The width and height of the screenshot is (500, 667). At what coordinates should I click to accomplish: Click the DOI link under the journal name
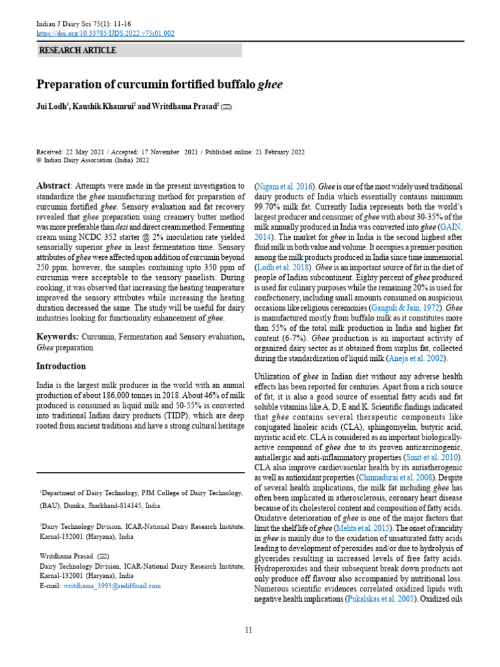(105, 34)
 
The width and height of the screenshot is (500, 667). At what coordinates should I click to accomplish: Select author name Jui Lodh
(54, 106)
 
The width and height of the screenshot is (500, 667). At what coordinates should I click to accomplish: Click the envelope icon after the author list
(226, 107)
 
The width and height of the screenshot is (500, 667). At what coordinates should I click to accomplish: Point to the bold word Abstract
(52, 186)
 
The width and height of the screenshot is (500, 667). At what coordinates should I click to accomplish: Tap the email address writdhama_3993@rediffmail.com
(111, 586)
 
